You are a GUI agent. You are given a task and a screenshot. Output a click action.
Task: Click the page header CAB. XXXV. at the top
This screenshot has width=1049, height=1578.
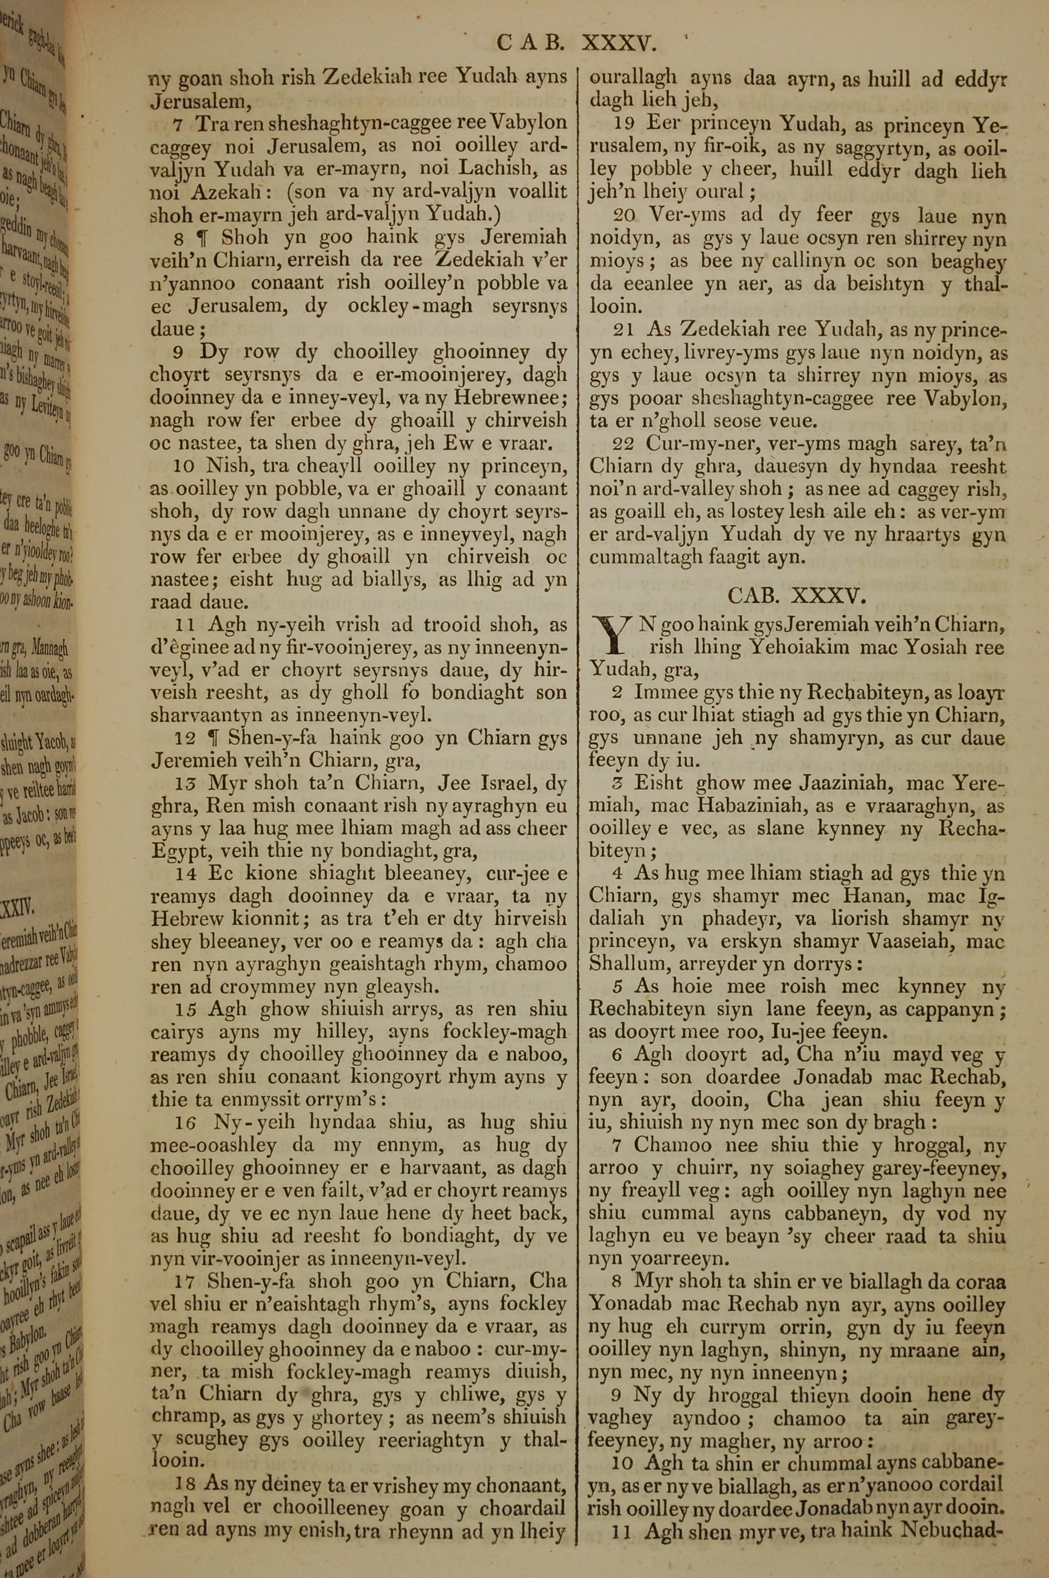tap(576, 45)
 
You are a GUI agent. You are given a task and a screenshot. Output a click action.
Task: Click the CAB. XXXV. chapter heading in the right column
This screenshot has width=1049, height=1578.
tap(796, 595)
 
